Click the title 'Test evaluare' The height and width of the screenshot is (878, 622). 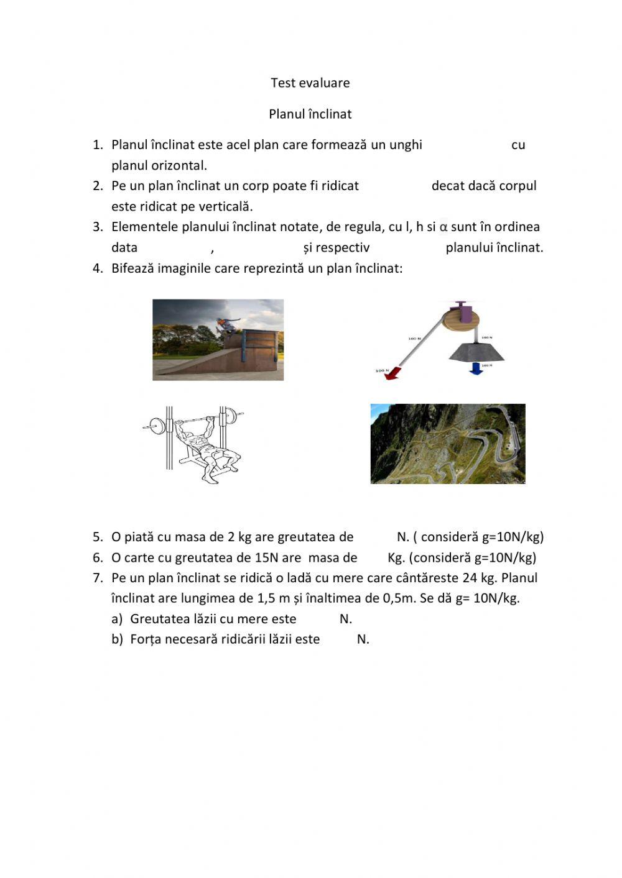click(310, 83)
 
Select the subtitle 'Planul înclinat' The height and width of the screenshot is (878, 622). click(310, 114)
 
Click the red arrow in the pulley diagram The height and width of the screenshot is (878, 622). click(391, 372)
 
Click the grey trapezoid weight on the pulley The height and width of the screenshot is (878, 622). click(476, 351)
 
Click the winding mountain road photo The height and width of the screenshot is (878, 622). click(448, 444)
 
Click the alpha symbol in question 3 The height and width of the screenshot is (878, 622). click(443, 227)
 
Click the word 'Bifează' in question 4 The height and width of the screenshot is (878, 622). click(132, 268)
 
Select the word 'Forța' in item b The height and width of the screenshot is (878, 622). click(144, 639)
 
